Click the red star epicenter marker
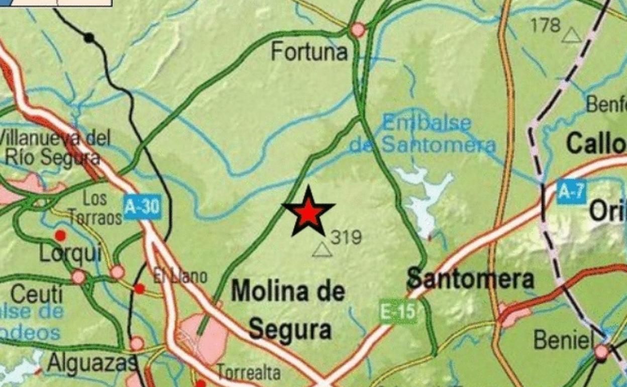(x=308, y=213)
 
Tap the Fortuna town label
(x=309, y=52)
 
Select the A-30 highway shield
(x=142, y=207)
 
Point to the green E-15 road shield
(x=398, y=312)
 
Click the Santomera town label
(x=470, y=279)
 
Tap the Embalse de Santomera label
(x=423, y=135)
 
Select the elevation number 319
(x=346, y=237)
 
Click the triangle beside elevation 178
(x=571, y=35)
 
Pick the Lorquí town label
(x=70, y=254)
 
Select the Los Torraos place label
(x=95, y=208)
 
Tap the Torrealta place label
(x=249, y=373)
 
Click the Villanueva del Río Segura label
(x=55, y=147)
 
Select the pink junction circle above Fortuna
(x=358, y=30)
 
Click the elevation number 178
(x=546, y=25)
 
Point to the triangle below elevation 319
(x=322, y=250)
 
